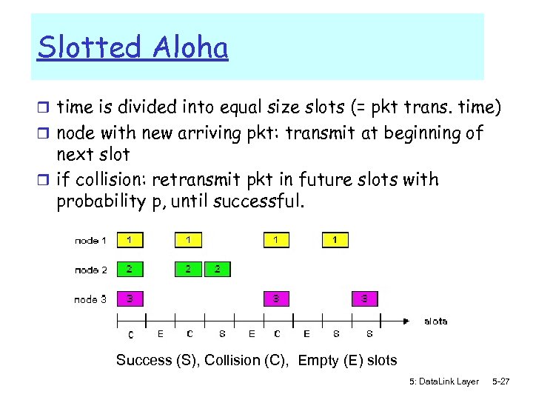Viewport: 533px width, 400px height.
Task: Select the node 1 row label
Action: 90,240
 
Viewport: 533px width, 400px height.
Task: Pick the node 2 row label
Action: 90,270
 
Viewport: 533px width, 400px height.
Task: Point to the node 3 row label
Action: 90,299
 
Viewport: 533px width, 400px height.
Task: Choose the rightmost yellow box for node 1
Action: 335,240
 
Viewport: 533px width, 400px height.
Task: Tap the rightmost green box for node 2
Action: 217,270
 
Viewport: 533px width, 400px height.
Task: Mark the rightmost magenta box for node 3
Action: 364,299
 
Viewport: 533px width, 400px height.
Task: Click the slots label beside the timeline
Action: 435,321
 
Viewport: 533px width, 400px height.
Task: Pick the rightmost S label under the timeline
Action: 369,334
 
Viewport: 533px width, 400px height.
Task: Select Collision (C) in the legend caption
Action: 248,361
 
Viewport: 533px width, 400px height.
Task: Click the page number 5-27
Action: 501,381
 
